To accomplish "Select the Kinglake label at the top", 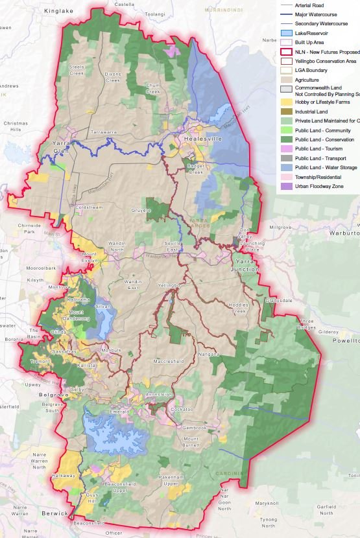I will (x=57, y=12).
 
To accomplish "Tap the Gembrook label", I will (x=194, y=428).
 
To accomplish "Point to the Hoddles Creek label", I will (x=239, y=308).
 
